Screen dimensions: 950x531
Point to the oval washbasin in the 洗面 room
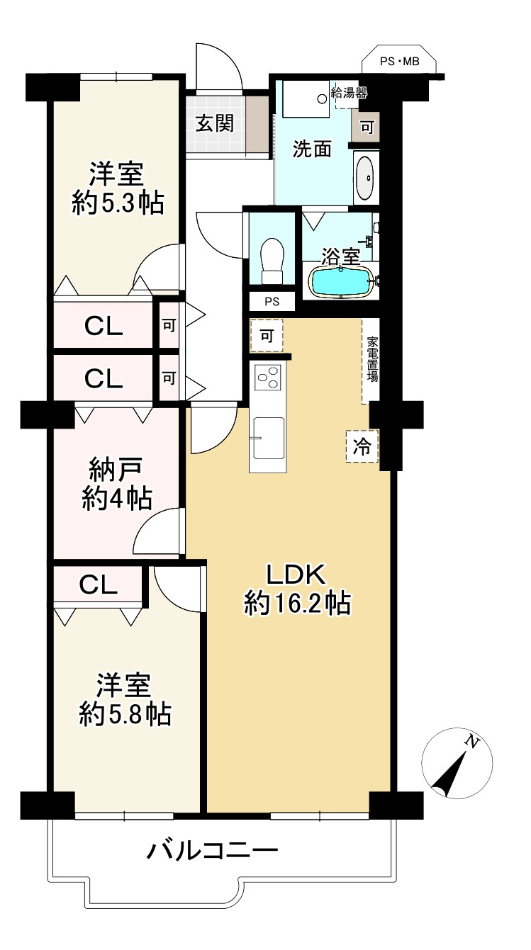pos(365,177)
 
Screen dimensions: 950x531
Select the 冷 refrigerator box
pos(362,446)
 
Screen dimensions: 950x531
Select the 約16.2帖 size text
pos(296,604)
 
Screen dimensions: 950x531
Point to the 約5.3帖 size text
pos(118,203)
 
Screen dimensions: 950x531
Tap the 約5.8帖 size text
pos(124,715)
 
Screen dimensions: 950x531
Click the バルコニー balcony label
pos(212,849)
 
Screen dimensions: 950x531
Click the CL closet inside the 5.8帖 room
pos(99,584)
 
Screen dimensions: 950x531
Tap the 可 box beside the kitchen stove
pos(266,337)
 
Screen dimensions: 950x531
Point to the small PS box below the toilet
pos(272,301)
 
